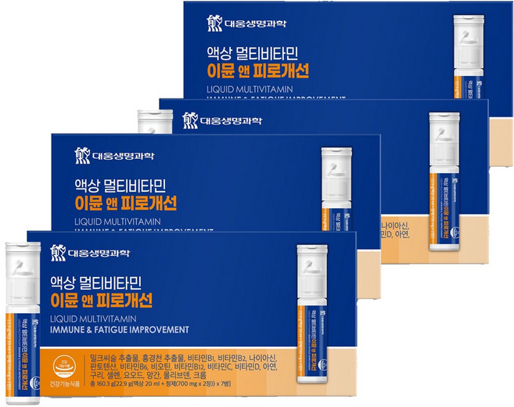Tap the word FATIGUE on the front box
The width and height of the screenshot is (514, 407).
[113, 330]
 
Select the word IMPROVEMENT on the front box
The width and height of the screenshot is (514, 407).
[162, 330]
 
